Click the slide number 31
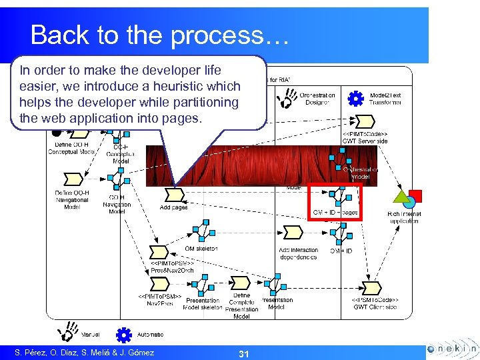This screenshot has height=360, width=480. click(x=243, y=353)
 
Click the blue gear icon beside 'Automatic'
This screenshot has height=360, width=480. click(x=123, y=334)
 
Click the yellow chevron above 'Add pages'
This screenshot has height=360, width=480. click(x=174, y=195)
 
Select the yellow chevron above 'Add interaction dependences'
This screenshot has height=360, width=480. click(x=293, y=233)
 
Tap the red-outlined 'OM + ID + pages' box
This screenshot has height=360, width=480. click(x=335, y=202)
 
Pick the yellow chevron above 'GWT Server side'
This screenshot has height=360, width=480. click(x=365, y=122)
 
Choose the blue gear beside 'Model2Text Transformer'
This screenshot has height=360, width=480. click(x=356, y=99)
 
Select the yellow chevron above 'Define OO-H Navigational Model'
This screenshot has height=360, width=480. click(x=72, y=179)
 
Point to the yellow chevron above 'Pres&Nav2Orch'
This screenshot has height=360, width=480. click(x=159, y=253)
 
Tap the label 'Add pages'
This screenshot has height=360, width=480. click(x=174, y=207)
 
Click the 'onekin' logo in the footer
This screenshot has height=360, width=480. click(x=451, y=349)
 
